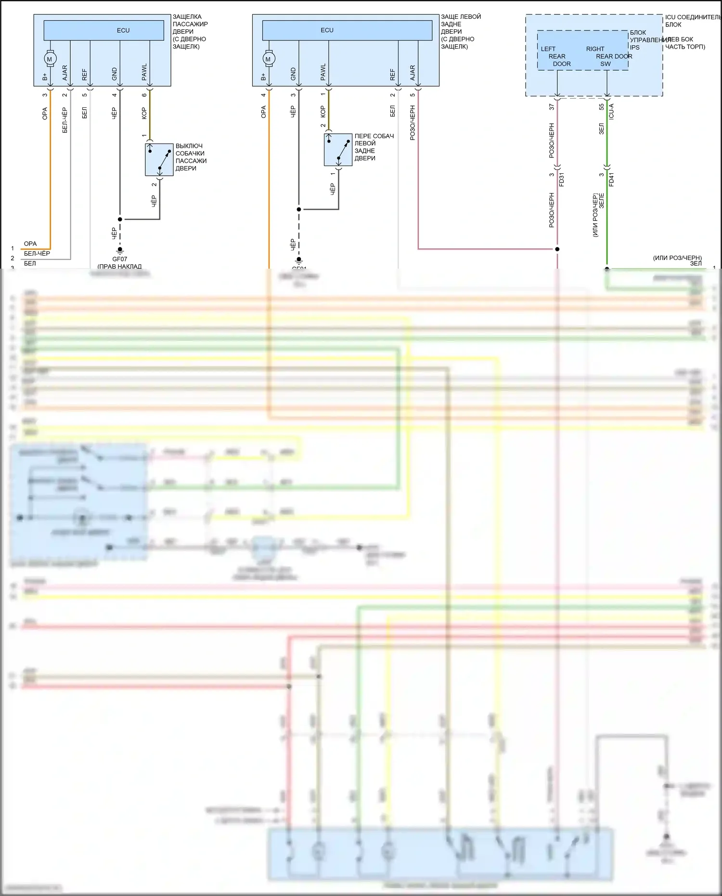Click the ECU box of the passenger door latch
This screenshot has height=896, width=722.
[x=104, y=30]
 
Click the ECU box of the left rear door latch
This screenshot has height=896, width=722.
[x=347, y=30]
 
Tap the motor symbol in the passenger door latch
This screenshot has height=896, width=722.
[x=50, y=59]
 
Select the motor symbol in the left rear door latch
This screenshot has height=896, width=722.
[x=268, y=59]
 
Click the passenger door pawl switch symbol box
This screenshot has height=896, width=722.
[x=159, y=159]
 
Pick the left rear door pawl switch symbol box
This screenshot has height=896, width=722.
[x=338, y=150]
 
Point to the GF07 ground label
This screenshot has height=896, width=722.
[x=120, y=259]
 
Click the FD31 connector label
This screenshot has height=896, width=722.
[x=562, y=179]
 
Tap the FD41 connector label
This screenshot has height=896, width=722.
[x=611, y=179]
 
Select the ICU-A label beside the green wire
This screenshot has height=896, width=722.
[x=611, y=111]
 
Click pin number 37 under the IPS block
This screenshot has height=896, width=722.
[x=552, y=107]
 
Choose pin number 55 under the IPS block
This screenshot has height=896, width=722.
[x=602, y=107]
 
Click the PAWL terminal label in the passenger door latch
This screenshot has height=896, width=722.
[x=144, y=72]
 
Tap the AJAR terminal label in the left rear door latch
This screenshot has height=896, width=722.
[x=413, y=73]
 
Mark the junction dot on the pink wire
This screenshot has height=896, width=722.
[x=557, y=249]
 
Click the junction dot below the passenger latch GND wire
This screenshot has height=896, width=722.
[x=120, y=219]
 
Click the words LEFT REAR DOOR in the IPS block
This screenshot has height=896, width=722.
[x=556, y=56]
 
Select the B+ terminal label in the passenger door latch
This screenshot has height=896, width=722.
[x=45, y=77]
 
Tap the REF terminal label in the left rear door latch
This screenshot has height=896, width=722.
[x=393, y=75]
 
